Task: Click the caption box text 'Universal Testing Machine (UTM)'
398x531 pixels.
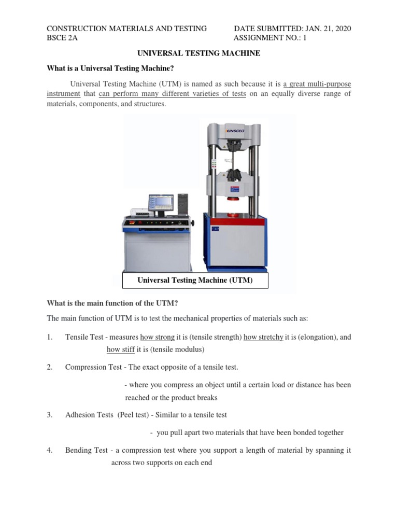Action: click(x=195, y=281)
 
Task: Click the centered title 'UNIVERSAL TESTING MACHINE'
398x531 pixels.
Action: click(x=198, y=53)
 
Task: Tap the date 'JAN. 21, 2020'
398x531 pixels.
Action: click(x=324, y=29)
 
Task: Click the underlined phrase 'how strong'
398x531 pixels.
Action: click(x=158, y=337)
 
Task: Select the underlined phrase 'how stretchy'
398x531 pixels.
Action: click(x=263, y=337)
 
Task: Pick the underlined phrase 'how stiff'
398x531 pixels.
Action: click(x=120, y=350)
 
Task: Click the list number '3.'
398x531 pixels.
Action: click(x=50, y=415)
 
